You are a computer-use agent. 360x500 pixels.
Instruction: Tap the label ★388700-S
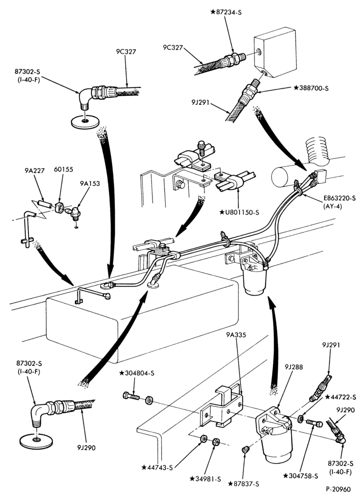click(311, 88)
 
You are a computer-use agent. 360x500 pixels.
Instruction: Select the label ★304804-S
click(137, 373)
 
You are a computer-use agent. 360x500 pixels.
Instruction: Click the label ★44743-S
click(157, 468)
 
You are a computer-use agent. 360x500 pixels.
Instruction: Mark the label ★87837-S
click(243, 484)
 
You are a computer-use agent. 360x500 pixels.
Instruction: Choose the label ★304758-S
click(300, 476)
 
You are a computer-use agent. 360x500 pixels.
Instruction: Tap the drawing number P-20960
click(338, 489)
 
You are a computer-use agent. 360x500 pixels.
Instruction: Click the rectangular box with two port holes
click(275, 52)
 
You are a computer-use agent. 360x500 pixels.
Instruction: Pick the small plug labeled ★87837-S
click(245, 450)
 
